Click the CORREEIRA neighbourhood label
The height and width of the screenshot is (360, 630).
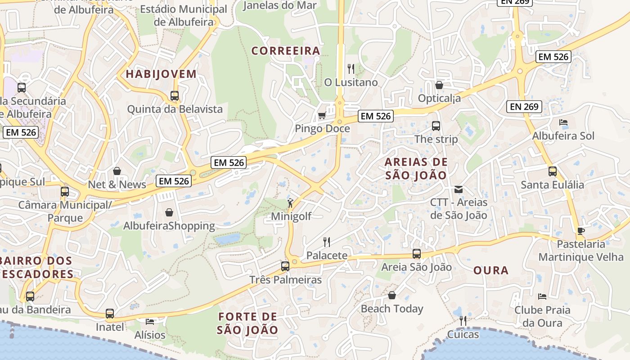[286, 51]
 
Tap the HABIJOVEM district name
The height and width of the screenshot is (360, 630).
[162, 74]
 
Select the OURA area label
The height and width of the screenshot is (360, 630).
[491, 270]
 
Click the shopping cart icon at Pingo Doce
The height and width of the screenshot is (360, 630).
[322, 116]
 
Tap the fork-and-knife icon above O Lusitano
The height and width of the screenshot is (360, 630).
[351, 69]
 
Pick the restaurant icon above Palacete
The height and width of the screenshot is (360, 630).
[327, 242]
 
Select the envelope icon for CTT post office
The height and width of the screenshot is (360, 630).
[459, 189]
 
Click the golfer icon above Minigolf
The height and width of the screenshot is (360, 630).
[291, 203]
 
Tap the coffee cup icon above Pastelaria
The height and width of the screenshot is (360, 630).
[581, 231]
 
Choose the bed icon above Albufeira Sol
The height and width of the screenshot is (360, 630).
[563, 122]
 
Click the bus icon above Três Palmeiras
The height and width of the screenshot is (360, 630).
[285, 266]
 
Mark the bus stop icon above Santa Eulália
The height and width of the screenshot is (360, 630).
[552, 171]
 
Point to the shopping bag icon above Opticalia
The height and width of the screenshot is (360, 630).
[439, 85]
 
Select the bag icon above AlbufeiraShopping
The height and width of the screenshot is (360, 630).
[169, 212]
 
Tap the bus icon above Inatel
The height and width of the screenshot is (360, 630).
[109, 313]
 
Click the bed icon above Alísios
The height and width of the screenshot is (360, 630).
[150, 322]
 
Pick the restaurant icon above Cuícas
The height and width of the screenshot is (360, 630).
[463, 320]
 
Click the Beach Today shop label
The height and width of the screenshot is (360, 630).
[392, 309]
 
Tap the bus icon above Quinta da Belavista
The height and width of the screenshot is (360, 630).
[175, 96]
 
